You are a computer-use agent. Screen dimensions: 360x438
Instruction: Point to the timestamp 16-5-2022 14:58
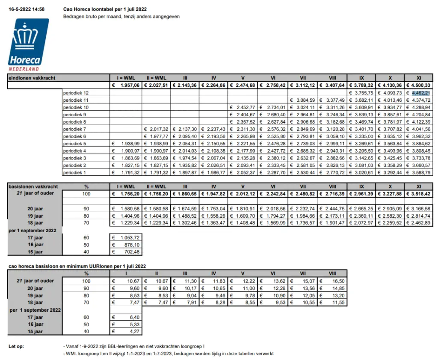[x=27, y=9]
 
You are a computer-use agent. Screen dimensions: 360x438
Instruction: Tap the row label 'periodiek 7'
[x=74, y=129]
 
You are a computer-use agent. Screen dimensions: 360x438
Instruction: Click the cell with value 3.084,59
[x=305, y=100]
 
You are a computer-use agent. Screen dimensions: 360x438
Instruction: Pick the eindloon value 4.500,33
[x=420, y=85]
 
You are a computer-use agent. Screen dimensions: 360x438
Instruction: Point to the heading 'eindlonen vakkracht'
[x=32, y=78]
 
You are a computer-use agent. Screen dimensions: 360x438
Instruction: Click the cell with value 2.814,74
[x=420, y=215]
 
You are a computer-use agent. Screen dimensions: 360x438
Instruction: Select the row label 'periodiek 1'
[x=74, y=172]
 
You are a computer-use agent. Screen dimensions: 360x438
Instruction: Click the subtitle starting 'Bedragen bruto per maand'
[x=121, y=17]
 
